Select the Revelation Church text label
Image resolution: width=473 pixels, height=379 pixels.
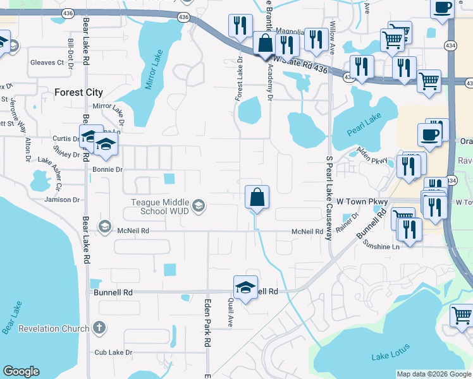[x=54, y=328]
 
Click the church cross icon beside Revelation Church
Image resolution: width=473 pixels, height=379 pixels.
[x=97, y=328]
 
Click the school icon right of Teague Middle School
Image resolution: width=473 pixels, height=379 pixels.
[x=199, y=205]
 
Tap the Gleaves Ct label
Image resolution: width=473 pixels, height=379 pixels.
[x=47, y=63]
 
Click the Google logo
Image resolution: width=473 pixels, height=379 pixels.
[x=21, y=371]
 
